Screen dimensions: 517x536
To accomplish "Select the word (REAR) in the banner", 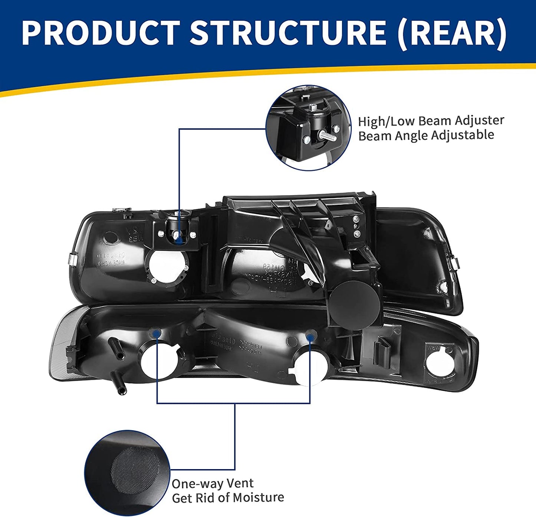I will click(452, 33).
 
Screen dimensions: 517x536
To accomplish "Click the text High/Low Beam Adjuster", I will click(431, 121).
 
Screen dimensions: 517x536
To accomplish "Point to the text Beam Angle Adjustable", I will click(426, 135).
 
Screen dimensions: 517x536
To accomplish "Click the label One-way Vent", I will click(213, 484).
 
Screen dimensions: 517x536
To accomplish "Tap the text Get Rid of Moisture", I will click(228, 498).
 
